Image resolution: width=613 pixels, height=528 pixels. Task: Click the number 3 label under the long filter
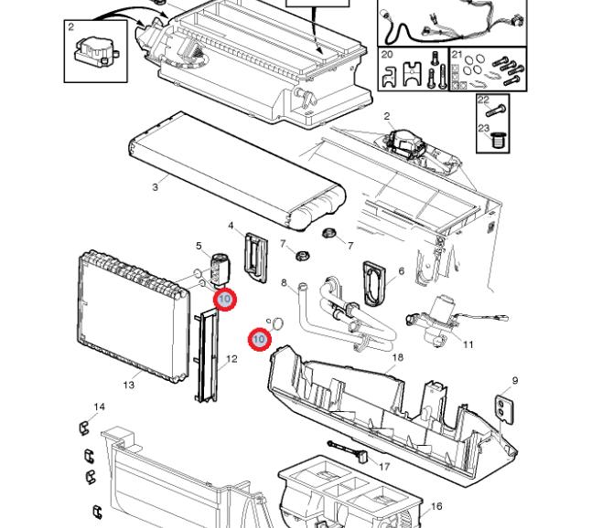(156, 187)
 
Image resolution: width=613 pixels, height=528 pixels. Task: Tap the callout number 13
(129, 385)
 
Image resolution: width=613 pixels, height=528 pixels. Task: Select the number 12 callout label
(232, 359)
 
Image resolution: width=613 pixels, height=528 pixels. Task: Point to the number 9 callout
(515, 381)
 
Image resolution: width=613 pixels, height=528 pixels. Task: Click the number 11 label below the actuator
(468, 344)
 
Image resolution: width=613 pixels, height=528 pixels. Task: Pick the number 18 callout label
(397, 357)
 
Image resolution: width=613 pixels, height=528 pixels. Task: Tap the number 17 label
(384, 467)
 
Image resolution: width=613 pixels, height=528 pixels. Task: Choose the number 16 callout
(437, 506)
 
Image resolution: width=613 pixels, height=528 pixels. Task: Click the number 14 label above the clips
(99, 407)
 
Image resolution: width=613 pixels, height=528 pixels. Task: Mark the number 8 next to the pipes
(284, 283)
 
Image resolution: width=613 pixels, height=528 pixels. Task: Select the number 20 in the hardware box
(387, 55)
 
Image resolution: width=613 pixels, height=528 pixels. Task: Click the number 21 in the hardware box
(457, 55)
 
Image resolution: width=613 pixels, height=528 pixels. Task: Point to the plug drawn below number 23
(500, 142)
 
